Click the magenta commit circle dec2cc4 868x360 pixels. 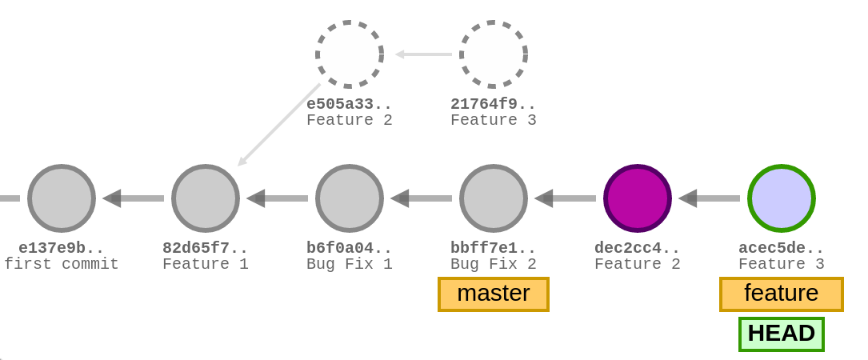638,198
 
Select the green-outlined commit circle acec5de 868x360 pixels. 782,198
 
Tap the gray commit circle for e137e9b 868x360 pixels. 62,198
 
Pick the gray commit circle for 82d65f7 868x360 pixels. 206,198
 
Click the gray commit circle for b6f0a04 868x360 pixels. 350,198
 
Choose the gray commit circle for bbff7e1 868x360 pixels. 494,198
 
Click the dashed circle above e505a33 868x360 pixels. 350,54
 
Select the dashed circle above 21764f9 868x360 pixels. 494,54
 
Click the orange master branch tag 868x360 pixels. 494,294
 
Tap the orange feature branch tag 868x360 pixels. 782,294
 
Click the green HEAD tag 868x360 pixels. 782,334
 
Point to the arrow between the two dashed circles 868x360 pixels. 423,54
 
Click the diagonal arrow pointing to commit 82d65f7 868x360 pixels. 279,125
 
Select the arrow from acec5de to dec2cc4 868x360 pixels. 710,198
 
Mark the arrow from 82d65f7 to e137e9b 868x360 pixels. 134,198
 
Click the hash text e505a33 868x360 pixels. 350,104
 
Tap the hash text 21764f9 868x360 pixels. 494,104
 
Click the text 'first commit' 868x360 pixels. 62,264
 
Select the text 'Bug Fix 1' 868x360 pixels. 350,264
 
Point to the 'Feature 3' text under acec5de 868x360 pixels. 782,264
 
